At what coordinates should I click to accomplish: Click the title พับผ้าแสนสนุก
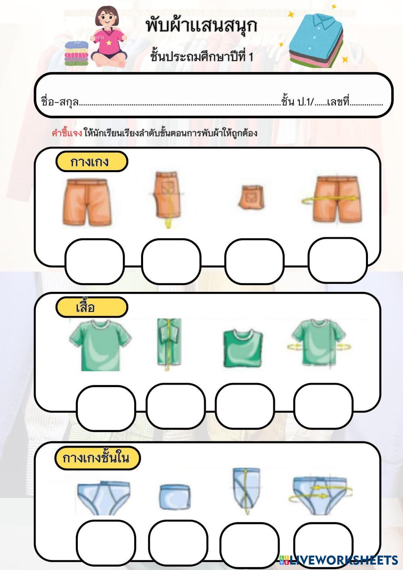click(x=201, y=26)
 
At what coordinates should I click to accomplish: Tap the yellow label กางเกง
click(x=91, y=162)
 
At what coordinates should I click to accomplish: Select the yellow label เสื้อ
click(x=91, y=307)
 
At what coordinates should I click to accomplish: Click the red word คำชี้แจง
click(x=67, y=133)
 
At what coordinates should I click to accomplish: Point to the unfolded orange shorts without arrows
click(x=87, y=202)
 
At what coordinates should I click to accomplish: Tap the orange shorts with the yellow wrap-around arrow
click(x=337, y=200)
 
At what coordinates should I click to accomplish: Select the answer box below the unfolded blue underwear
click(x=106, y=541)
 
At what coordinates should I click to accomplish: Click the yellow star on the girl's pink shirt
click(x=109, y=42)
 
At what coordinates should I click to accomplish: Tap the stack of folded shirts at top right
click(x=317, y=40)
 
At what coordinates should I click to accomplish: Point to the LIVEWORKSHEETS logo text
click(x=343, y=560)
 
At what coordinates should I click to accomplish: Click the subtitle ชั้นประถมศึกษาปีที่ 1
click(x=201, y=56)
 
